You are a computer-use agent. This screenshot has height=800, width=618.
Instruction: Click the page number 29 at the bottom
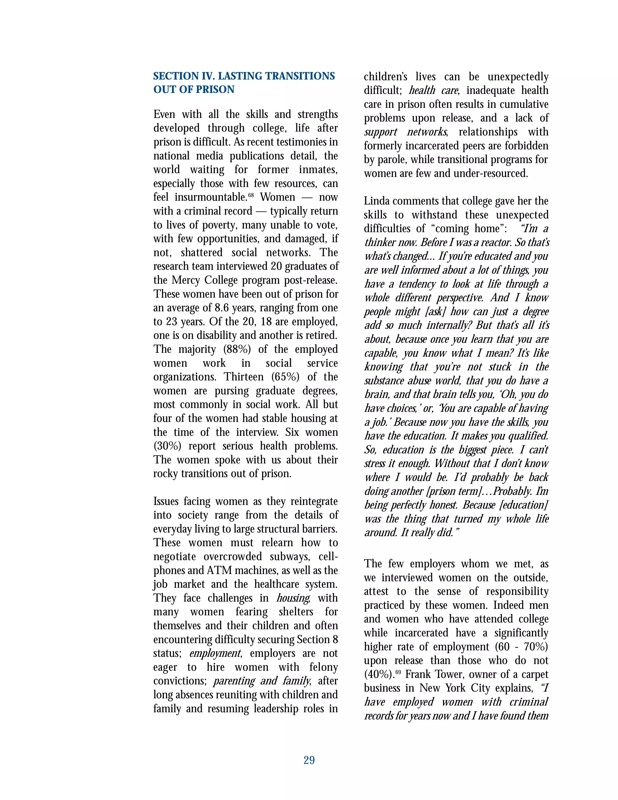pyautogui.click(x=309, y=760)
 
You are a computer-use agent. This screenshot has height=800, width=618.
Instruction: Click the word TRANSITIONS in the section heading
pyautogui.click(x=300, y=76)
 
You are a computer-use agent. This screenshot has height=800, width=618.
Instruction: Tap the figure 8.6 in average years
pyautogui.click(x=222, y=308)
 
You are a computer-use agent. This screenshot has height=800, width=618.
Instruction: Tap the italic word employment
pyautogui.click(x=215, y=654)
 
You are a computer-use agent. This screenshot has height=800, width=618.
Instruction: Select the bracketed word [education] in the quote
pyautogui.click(x=524, y=505)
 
